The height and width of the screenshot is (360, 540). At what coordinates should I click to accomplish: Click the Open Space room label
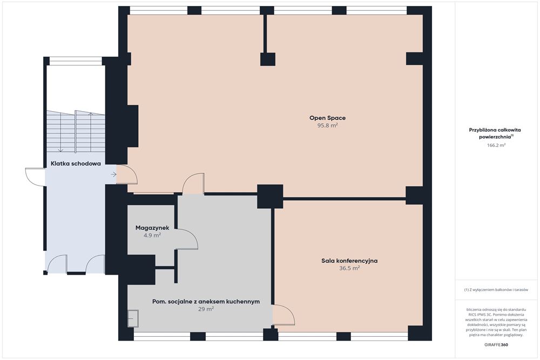328,118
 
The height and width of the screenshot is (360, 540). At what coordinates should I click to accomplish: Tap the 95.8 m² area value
328,126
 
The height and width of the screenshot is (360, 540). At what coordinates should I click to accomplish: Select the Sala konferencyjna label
349,261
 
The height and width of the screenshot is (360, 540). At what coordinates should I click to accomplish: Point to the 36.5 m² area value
349,268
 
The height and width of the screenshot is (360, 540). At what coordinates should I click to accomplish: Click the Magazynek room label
152,228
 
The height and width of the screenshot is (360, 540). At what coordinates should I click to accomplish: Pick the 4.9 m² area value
152,235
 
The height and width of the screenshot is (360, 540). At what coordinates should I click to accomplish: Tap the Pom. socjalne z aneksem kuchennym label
206,302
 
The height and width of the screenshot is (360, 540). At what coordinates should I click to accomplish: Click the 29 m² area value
206,309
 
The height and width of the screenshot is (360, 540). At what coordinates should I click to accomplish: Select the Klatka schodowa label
76,164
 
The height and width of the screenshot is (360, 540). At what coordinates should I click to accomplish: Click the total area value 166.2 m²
496,145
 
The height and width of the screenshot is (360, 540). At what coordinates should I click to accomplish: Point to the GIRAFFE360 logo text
496,344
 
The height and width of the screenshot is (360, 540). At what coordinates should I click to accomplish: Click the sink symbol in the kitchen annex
133,318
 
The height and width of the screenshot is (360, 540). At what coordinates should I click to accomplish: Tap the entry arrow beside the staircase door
113,175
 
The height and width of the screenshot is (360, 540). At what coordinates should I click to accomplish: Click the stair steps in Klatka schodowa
76,132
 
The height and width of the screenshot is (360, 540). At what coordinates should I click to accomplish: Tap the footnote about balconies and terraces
496,290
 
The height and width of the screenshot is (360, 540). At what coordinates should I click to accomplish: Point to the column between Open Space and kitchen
271,196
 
